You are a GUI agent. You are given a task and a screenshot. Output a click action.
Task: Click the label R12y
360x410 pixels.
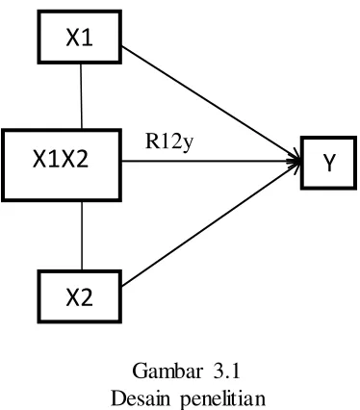pyautogui.click(x=169, y=141)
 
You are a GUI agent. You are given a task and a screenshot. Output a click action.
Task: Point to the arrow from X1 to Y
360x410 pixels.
pyautogui.click(x=210, y=103)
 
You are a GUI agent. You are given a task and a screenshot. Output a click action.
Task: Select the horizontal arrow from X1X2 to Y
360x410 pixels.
pyautogui.click(x=211, y=161)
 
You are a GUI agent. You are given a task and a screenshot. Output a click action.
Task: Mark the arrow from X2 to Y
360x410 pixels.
pyautogui.click(x=210, y=223)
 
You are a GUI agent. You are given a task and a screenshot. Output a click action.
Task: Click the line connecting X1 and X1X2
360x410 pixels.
pyautogui.click(x=81, y=96)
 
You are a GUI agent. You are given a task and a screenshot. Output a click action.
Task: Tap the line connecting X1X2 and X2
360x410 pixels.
pyautogui.click(x=82, y=236)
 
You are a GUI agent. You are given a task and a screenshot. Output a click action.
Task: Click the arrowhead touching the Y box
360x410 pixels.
pyautogui.click(x=295, y=161)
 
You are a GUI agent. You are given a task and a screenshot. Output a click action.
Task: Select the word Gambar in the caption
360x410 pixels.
pyautogui.click(x=167, y=372)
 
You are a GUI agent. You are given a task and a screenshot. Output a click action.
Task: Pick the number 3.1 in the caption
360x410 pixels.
pyautogui.click(x=226, y=372)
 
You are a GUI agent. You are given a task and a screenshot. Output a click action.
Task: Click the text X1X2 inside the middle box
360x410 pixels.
pyautogui.click(x=61, y=160)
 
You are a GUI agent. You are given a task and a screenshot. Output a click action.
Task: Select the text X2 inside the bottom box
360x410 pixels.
pyautogui.click(x=79, y=297)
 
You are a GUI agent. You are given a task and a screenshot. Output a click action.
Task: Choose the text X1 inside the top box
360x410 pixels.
pyautogui.click(x=79, y=38)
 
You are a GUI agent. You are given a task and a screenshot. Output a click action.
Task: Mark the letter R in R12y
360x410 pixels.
pyautogui.click(x=152, y=141)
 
